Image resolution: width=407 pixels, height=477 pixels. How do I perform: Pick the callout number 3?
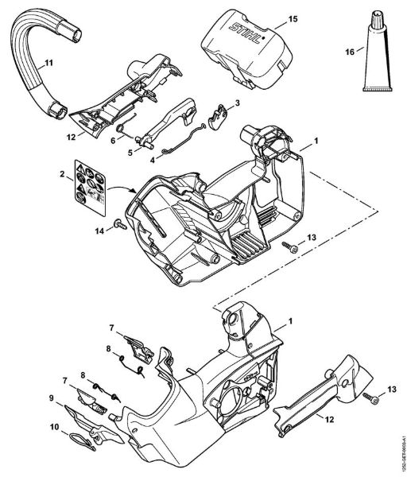coord(236,103)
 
